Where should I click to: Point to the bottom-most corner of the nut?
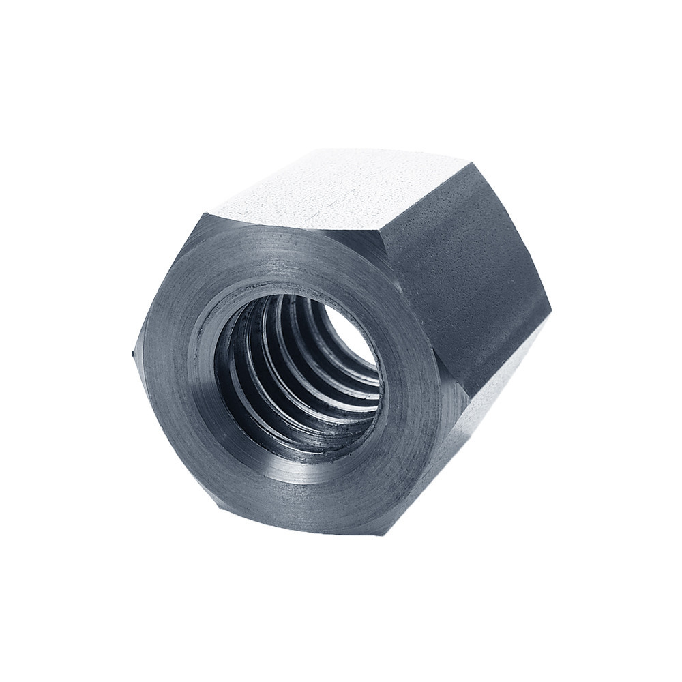pos(382,534)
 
